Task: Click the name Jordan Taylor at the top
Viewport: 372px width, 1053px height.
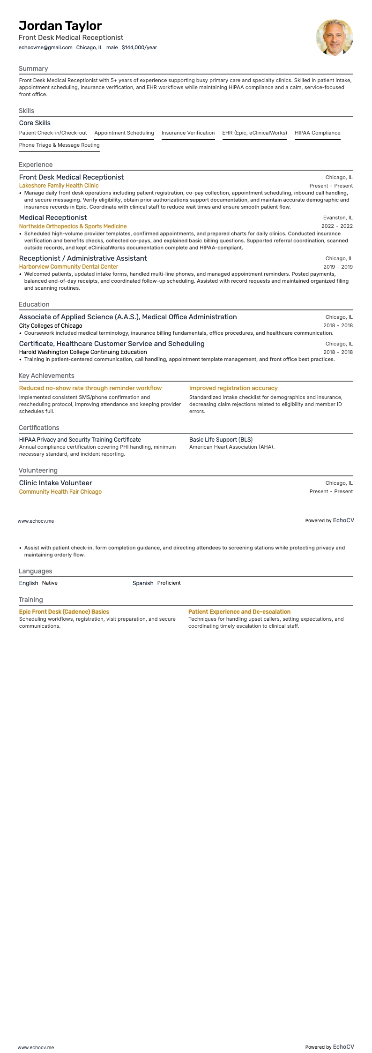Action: click(60, 25)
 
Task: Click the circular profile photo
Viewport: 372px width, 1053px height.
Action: click(334, 38)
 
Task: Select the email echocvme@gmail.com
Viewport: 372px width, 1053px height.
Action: click(45, 47)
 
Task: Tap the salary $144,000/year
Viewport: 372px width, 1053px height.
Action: click(139, 47)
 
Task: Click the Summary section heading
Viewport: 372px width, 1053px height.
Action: click(33, 68)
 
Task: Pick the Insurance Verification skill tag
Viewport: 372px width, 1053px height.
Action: click(188, 133)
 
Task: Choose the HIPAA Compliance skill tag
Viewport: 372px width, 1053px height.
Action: click(317, 133)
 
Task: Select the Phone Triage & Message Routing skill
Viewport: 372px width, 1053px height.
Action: click(59, 145)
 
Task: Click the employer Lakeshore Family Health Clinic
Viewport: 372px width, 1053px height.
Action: click(59, 186)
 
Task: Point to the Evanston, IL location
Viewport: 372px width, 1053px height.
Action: click(338, 218)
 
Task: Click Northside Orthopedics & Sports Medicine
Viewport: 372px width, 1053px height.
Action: click(73, 226)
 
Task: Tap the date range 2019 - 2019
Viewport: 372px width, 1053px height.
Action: click(338, 267)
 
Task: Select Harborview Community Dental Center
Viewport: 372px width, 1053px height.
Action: click(68, 267)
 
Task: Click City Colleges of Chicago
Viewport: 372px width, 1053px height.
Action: click(51, 325)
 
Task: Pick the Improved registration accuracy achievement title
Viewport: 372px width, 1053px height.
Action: click(233, 388)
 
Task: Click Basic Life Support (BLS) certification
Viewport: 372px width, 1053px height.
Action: click(221, 439)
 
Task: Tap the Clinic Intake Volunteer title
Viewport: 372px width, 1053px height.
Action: click(55, 483)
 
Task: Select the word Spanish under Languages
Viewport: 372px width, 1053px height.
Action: click(143, 583)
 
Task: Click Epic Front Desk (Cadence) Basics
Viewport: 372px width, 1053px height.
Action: click(64, 611)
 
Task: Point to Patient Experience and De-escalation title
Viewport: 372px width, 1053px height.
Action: click(239, 611)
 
